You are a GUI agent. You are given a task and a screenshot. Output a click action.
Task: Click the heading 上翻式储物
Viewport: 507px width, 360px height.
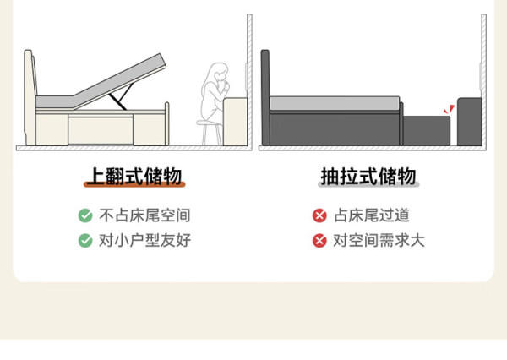click(x=135, y=177)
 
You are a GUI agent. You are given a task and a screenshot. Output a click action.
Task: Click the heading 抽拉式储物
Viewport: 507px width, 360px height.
click(x=368, y=177)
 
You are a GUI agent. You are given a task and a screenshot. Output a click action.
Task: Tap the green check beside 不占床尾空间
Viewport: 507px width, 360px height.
click(x=85, y=215)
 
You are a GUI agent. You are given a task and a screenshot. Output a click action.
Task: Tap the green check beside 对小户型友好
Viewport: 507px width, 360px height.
click(x=85, y=241)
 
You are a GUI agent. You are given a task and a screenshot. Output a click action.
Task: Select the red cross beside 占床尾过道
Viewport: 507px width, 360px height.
click(x=319, y=215)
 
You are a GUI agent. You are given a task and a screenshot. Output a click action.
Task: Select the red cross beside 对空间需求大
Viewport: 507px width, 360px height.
click(x=319, y=241)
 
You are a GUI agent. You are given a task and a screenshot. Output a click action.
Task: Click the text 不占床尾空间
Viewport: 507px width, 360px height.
click(x=144, y=215)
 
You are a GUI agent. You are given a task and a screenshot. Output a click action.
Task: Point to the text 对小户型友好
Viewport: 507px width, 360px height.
click(x=144, y=241)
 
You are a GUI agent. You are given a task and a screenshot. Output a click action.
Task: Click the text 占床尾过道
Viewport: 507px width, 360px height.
click(x=372, y=215)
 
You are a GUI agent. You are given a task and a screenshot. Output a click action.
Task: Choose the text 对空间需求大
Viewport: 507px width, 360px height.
click(x=379, y=241)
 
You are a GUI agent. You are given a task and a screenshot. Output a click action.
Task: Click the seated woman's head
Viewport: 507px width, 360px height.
click(x=219, y=74)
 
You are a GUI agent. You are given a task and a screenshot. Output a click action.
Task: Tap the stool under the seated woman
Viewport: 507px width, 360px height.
click(x=210, y=133)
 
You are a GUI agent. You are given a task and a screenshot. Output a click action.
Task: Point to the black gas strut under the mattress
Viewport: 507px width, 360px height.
click(x=122, y=96)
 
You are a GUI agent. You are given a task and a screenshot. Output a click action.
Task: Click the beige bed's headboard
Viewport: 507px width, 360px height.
click(x=30, y=97)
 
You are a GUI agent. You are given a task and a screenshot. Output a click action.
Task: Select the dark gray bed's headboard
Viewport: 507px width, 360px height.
click(x=265, y=97)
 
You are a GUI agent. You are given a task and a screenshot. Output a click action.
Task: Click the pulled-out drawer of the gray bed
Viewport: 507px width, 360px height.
click(x=427, y=131)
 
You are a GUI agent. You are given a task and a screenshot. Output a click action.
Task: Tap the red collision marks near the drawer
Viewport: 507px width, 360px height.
click(x=450, y=109)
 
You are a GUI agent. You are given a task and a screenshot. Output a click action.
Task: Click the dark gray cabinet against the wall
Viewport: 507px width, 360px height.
click(x=469, y=122)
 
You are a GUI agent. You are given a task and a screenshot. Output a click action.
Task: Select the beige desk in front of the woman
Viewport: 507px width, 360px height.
click(x=236, y=122)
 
